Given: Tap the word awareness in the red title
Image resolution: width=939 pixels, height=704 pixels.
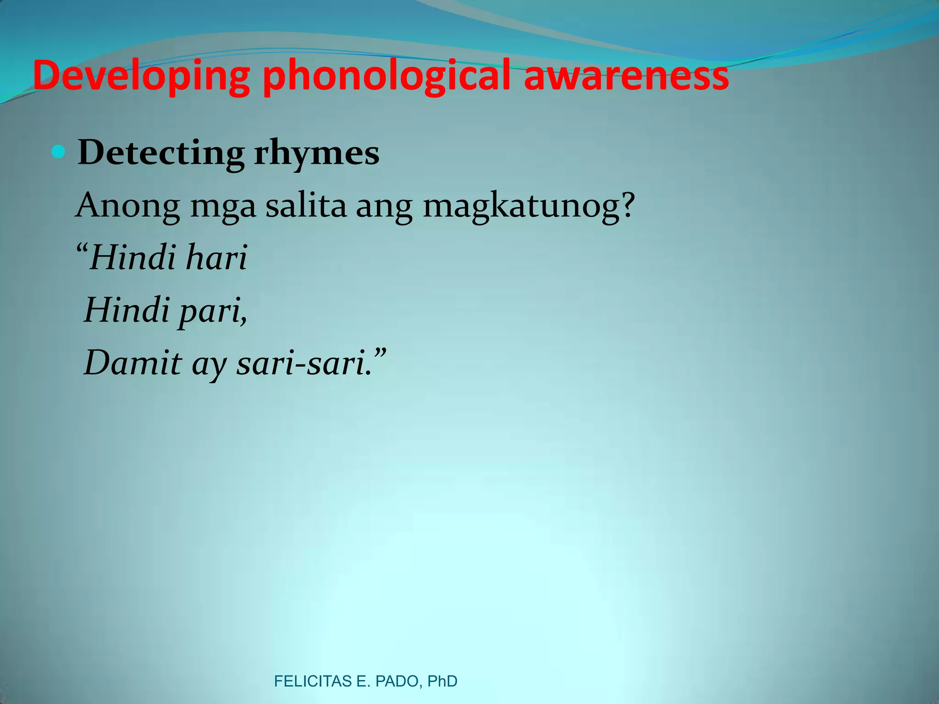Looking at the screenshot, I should coord(626,76).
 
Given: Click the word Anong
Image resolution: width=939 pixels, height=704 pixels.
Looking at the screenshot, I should coord(128,206).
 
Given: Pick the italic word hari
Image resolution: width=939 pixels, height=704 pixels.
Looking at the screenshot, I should coord(216,257).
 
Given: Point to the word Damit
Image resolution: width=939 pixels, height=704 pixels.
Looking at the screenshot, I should coord(133,363).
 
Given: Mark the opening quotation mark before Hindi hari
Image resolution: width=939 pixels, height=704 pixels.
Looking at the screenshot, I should coord(82,250).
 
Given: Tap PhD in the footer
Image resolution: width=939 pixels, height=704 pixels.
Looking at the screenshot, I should coord(442,682).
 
